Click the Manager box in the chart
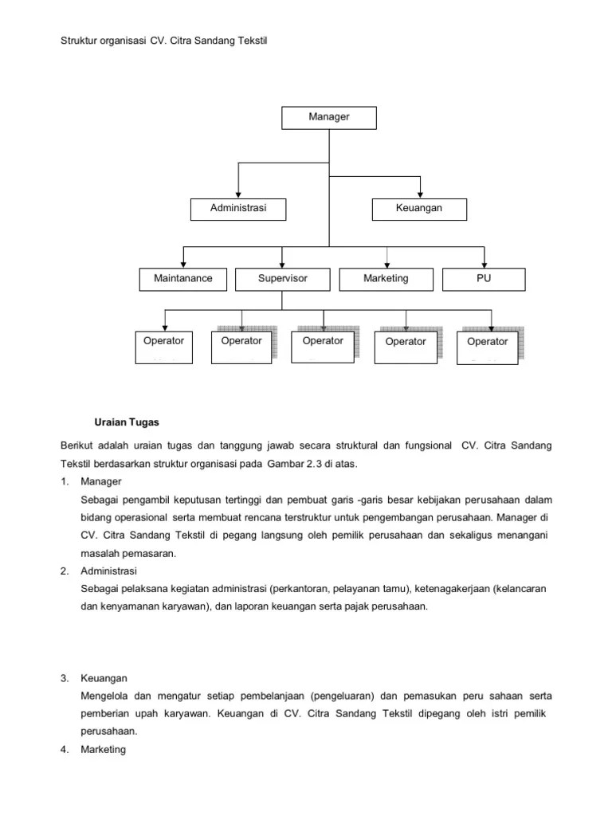329,117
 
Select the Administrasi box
237,209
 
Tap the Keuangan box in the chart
419,209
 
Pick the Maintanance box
183,279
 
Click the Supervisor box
282,279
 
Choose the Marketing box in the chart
386,279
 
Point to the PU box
484,279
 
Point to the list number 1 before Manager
63,482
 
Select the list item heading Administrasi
109,571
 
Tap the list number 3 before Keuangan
63,679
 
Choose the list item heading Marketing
104,750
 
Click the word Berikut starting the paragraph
77,445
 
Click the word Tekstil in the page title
248,40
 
